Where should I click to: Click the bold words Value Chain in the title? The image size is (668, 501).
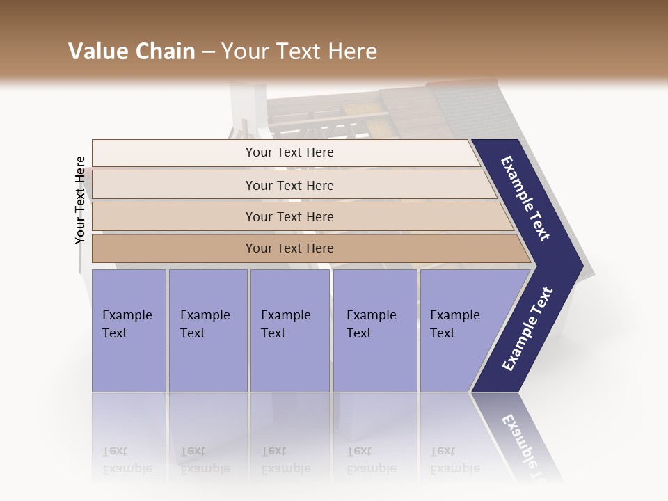pos(132,51)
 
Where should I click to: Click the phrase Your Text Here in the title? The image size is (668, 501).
pos(299,51)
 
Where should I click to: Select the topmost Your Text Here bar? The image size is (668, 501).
pos(289,152)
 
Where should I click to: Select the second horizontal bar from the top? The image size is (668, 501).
pos(289,185)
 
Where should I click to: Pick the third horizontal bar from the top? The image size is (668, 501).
pos(289,216)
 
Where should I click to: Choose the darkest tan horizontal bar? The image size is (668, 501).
pos(289,248)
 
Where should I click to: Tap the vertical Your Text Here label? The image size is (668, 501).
pos(80,200)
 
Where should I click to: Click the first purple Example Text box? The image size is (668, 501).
pos(129,330)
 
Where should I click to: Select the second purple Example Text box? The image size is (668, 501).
pos(207,330)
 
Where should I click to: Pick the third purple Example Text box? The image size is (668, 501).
pos(289,330)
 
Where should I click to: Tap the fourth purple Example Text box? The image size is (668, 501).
pos(374,330)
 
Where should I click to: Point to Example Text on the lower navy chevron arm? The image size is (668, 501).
pos(527,329)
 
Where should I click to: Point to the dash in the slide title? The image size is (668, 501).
pos(207,51)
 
